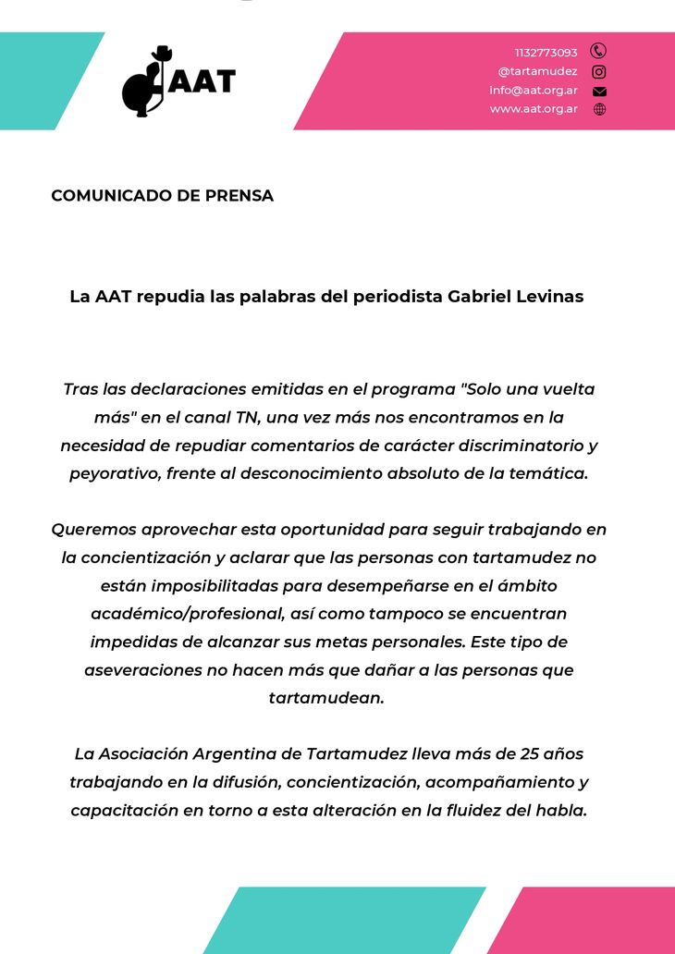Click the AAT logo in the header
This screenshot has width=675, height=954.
178,81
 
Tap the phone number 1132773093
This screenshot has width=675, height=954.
546,53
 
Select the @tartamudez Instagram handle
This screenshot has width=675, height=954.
537,71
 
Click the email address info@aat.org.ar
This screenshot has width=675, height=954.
534,91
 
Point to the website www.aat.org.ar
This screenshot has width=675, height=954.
534,109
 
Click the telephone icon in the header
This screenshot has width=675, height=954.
598,52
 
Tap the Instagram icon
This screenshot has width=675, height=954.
598,71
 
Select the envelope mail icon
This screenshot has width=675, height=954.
599,91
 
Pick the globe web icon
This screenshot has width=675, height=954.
599,109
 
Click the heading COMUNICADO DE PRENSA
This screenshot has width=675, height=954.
162,196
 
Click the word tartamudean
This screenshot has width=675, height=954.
325,698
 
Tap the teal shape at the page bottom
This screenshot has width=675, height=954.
344,920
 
